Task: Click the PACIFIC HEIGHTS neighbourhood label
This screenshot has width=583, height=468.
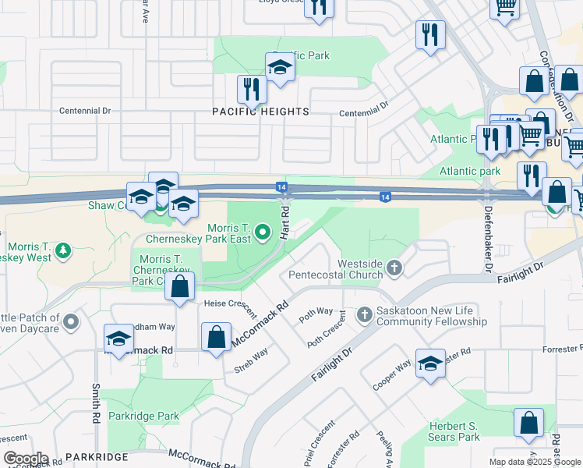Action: click(261, 112)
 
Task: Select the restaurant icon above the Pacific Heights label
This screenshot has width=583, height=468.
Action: click(251, 90)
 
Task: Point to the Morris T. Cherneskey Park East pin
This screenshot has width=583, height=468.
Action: click(263, 232)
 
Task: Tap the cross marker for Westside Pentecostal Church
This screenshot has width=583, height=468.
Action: click(394, 269)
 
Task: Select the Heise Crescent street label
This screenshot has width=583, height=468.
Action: click(230, 308)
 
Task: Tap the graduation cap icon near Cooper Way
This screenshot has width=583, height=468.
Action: click(430, 364)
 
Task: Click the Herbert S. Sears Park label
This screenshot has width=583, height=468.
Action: click(454, 431)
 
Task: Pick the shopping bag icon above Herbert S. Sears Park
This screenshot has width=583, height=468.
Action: click(528, 424)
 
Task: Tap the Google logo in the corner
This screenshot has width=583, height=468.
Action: click(25, 459)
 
